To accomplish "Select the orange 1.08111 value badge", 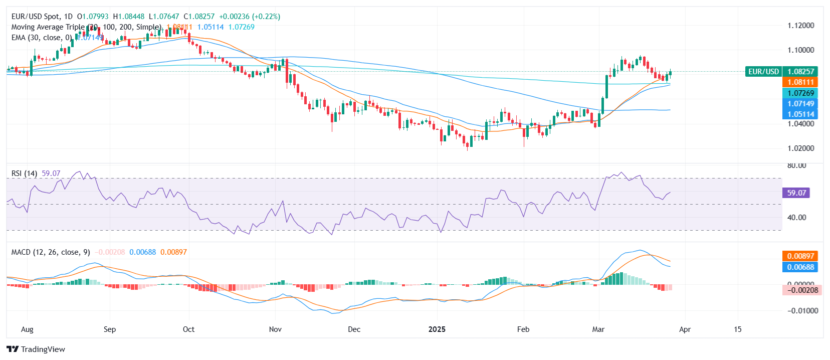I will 800,82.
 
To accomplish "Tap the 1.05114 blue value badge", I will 800,114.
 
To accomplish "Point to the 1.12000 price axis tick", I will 800,26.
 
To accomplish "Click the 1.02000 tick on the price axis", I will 800,148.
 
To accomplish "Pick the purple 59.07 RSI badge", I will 796,193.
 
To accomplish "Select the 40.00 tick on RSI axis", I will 796,218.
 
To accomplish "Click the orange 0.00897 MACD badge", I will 800,256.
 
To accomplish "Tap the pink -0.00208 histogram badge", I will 801,290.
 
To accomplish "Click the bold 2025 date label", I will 437,329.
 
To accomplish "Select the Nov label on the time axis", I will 275,329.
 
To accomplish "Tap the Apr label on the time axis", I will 685,329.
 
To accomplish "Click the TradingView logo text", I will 43,349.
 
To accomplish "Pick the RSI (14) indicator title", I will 24,173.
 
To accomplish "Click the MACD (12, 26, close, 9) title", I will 51,252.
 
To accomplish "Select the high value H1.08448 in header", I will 129,17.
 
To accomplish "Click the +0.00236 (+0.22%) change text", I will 250,17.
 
